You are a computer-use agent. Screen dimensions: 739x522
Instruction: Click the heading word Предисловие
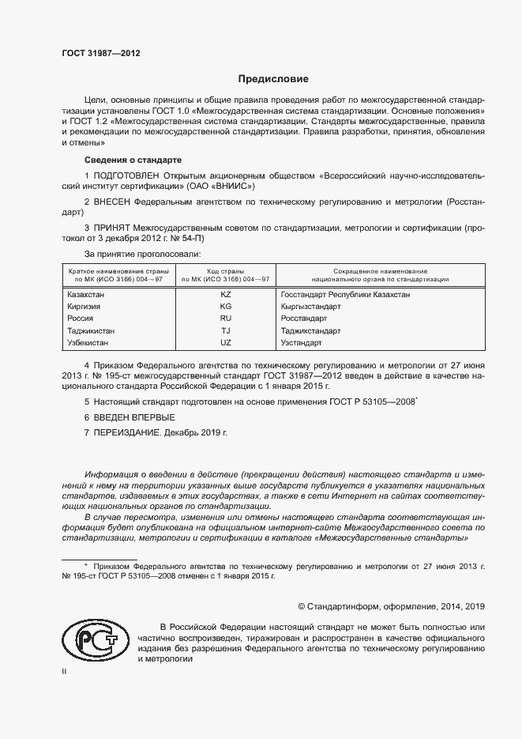pyautogui.click(x=274, y=79)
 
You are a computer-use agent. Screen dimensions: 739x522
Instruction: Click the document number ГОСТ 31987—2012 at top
pyautogui.click(x=101, y=55)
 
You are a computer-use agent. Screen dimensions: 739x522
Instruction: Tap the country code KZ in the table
pyautogui.click(x=226, y=294)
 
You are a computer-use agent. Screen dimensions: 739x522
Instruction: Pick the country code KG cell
pyautogui.click(x=226, y=306)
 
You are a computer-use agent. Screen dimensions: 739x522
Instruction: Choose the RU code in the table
pyautogui.click(x=226, y=319)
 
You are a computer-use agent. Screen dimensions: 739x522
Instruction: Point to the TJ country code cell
pyautogui.click(x=226, y=330)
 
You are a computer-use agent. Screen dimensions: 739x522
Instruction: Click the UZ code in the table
pyautogui.click(x=226, y=343)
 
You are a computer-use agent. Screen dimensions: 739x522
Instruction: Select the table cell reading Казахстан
pyautogui.click(x=87, y=294)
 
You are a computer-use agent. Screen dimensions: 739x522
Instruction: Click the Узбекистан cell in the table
pyautogui.click(x=89, y=343)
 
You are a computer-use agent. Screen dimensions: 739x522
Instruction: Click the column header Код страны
pyautogui.click(x=226, y=271)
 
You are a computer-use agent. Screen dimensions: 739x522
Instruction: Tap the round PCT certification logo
pyautogui.click(x=95, y=639)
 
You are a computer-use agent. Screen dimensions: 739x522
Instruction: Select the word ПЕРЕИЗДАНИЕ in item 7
pyautogui.click(x=127, y=432)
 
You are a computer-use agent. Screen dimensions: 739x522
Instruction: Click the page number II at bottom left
pyautogui.click(x=65, y=670)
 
